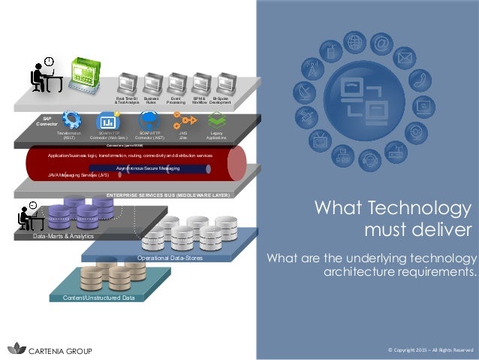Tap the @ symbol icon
(x=382, y=44)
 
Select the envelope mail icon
(x=405, y=57)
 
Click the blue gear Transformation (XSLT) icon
(x=73, y=119)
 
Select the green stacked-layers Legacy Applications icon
(x=216, y=119)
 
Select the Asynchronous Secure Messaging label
(x=148, y=168)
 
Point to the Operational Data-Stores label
(x=170, y=258)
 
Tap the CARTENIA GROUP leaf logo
(x=16, y=349)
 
